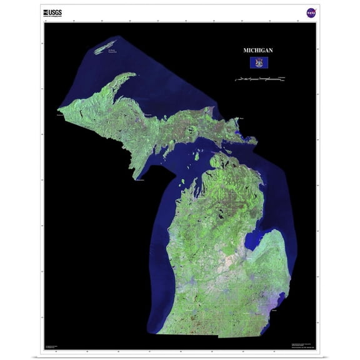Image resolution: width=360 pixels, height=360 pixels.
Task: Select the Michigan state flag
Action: pyautogui.click(x=257, y=62)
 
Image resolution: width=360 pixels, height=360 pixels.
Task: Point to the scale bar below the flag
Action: pyautogui.click(x=259, y=79)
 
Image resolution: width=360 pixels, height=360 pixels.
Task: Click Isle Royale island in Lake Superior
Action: pyautogui.click(x=106, y=47)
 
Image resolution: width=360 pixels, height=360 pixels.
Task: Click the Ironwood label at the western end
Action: pyautogui.click(x=60, y=115)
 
